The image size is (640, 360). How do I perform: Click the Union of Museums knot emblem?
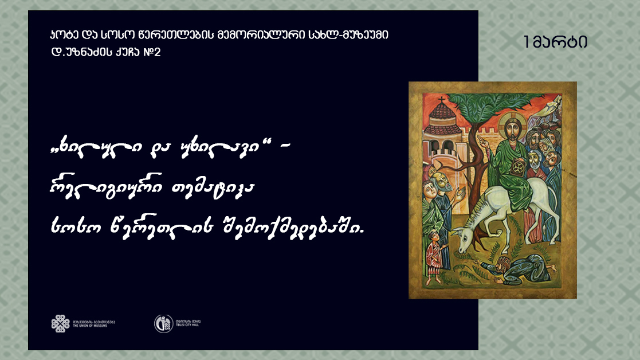(x=60, y=323)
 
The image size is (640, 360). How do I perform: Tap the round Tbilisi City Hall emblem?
(x=163, y=323)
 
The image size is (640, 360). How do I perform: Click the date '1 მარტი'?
(x=555, y=42)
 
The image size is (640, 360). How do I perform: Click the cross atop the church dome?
(x=441, y=102)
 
